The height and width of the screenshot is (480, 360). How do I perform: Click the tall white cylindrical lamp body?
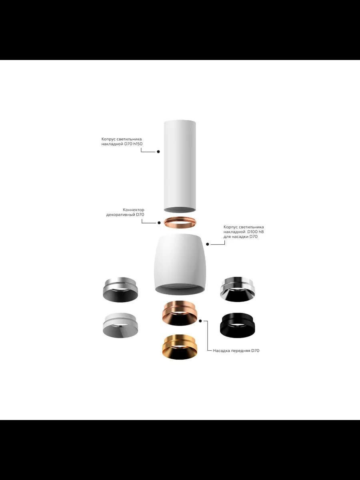pyautogui.click(x=180, y=166)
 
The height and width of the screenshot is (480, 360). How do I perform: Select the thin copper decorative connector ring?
pyautogui.click(x=180, y=222)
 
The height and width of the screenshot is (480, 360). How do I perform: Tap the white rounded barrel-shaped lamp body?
pyautogui.click(x=180, y=264)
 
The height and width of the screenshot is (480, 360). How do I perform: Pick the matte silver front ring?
pyautogui.click(x=120, y=291)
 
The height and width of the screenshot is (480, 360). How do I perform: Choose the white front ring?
pyautogui.click(x=120, y=324)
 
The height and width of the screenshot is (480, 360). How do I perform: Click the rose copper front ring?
pyautogui.click(x=180, y=314)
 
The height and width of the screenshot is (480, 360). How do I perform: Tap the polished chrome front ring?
pyautogui.click(x=238, y=290)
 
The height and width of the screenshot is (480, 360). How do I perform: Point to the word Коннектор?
pyautogui.click(x=134, y=210)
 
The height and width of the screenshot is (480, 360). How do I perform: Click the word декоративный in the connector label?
pyautogui.click(x=120, y=215)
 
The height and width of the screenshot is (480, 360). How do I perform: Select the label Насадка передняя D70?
pyautogui.click(x=236, y=350)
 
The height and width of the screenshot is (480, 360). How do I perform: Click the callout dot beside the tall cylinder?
pyautogui.click(x=158, y=152)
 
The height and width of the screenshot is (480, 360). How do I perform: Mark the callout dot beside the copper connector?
pyautogui.click(x=159, y=223)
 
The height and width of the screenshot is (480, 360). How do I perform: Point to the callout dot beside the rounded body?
pyautogui.click(x=208, y=244)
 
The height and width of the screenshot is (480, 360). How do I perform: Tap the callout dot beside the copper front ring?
pyautogui.click(x=200, y=321)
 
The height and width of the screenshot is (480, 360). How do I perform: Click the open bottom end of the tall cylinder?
pyautogui.click(x=180, y=209)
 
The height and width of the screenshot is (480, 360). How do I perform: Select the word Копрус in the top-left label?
pyautogui.click(x=108, y=139)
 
